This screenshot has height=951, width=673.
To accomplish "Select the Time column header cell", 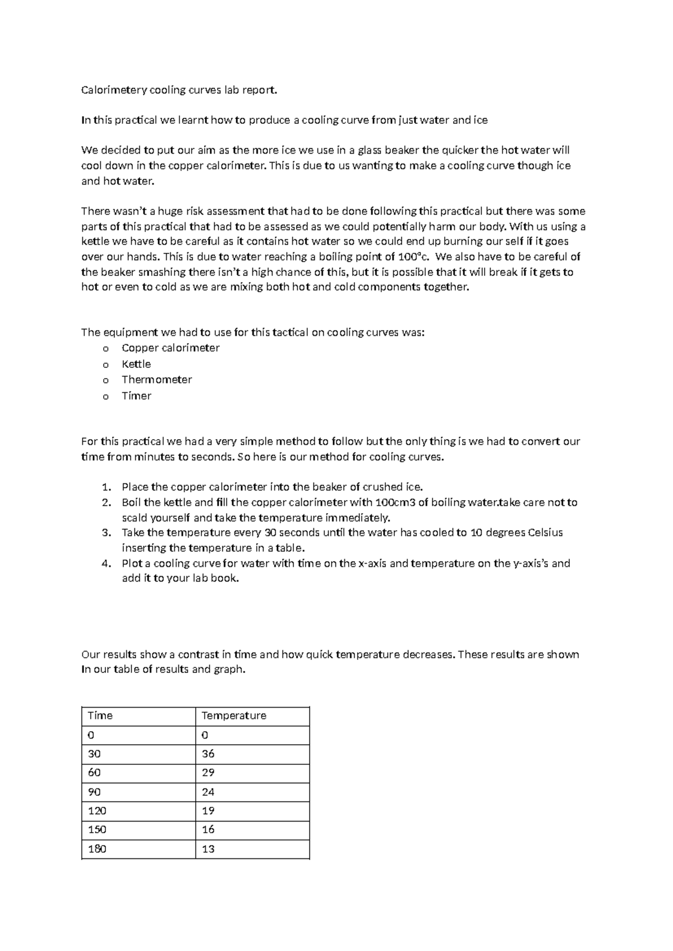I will (x=138, y=716).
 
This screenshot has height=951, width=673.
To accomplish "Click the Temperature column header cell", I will (x=252, y=716).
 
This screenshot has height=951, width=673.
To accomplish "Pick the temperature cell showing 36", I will (x=252, y=754).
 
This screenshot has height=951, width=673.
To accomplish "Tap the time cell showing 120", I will (x=138, y=811).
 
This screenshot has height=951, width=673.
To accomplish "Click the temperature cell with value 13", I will (x=252, y=849).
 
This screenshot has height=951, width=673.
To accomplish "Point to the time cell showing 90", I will (x=138, y=792).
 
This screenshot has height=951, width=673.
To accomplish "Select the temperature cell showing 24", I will (x=252, y=792).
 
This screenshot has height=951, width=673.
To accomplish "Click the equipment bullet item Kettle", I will (x=136, y=364).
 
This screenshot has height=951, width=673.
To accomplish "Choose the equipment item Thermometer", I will (x=156, y=380).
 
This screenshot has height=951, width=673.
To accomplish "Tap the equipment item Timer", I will (x=136, y=396).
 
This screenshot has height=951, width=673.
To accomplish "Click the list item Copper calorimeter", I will (x=170, y=348).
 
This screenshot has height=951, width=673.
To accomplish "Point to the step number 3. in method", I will (x=107, y=533).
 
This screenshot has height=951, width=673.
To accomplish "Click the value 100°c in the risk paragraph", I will (x=415, y=257).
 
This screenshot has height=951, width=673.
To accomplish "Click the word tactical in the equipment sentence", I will (x=290, y=333).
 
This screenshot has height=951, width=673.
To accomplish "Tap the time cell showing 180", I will (x=138, y=849).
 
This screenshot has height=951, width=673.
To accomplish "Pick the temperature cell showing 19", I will (x=252, y=811).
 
